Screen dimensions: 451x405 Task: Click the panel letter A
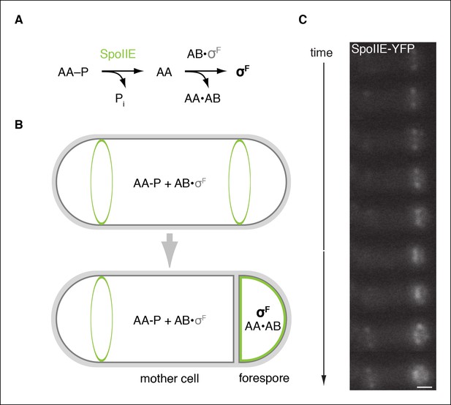pyautogui.click(x=19, y=20)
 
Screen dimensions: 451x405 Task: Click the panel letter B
pyautogui.click(x=19, y=125)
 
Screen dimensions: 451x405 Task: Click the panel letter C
pyautogui.click(x=303, y=20)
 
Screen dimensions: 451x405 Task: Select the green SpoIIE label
pyautogui.click(x=118, y=54)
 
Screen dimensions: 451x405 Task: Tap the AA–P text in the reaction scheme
pyautogui.click(x=73, y=72)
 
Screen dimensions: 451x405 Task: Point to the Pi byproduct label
pyautogui.click(x=120, y=99)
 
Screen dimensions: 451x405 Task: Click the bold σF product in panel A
pyautogui.click(x=243, y=72)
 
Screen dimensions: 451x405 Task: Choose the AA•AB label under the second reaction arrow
pyautogui.click(x=202, y=99)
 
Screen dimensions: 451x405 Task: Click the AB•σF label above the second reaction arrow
pyautogui.click(x=204, y=53)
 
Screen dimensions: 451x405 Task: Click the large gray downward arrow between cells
pyautogui.click(x=170, y=250)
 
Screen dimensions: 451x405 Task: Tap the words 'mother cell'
pyautogui.click(x=170, y=379)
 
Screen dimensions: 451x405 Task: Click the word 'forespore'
pyautogui.click(x=264, y=378)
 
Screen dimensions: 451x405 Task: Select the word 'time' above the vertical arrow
pyautogui.click(x=322, y=53)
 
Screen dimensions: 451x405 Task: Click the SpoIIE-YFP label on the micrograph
pyautogui.click(x=383, y=49)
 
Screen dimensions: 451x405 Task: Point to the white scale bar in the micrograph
pyautogui.click(x=424, y=387)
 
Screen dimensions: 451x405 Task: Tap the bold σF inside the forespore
pyautogui.click(x=263, y=312)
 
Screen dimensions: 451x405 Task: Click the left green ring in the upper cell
pyautogui.click(x=91, y=181)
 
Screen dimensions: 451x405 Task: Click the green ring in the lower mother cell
pyautogui.click(x=91, y=319)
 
